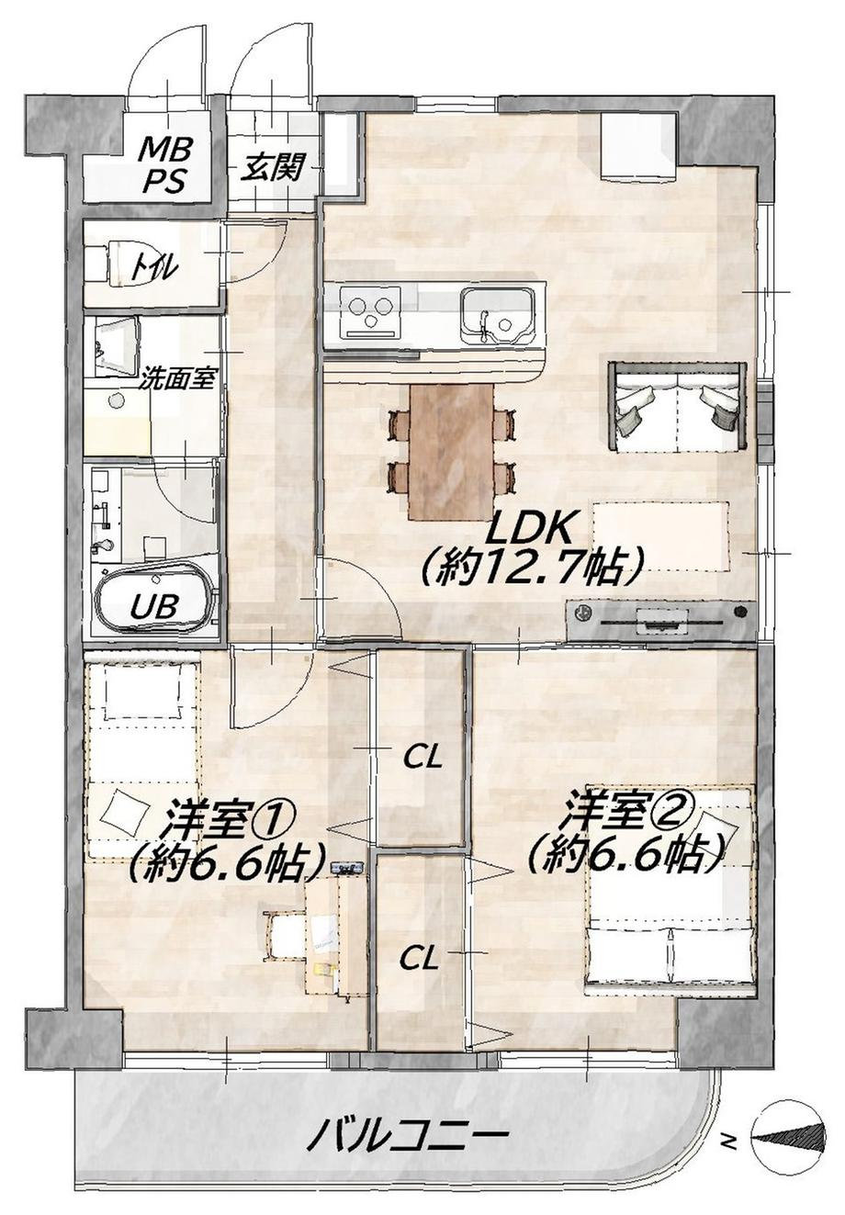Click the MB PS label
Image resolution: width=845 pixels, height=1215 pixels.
(x=165, y=165)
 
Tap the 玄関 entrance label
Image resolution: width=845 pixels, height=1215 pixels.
(x=271, y=168)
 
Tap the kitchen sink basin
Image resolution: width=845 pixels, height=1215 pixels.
(x=495, y=316)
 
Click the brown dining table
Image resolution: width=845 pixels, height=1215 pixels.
(x=452, y=453)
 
